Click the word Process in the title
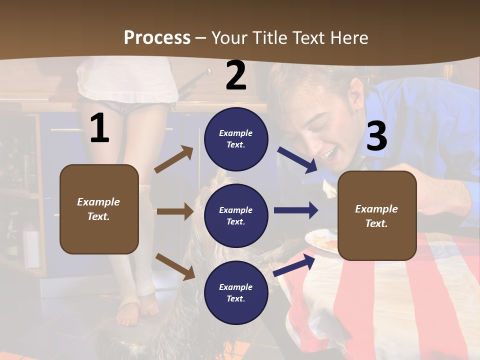click(x=157, y=37)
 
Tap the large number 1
click(x=99, y=128)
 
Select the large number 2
click(x=236, y=75)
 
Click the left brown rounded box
click(x=99, y=209)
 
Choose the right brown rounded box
click(x=377, y=215)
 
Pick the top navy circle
click(x=236, y=139)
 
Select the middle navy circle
click(x=236, y=215)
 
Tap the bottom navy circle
click(x=236, y=292)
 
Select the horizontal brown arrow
click(x=174, y=211)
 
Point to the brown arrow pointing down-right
click(x=175, y=266)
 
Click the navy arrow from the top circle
click(x=297, y=159)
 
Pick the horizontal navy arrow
click(x=295, y=210)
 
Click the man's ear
click(x=356, y=90)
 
